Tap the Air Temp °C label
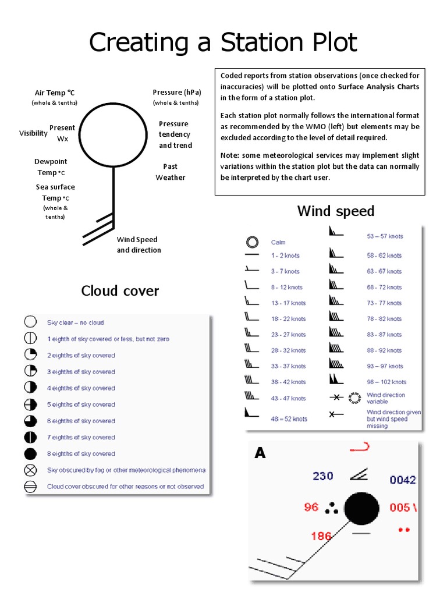pos(55,93)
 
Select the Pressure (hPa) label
pos(176,92)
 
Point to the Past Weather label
pos(171,172)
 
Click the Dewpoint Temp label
pos(51,166)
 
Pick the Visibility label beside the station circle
pos(33,133)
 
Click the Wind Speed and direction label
pos(139,244)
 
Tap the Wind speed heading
pos(336,211)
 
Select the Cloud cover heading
pos(120,290)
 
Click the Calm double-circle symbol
pos(252,242)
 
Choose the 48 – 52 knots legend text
pos(289,418)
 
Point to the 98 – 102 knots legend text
pos(386,382)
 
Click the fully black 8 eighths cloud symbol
pos(30,453)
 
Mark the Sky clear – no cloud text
pos(76,322)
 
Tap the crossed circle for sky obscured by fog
pos(30,470)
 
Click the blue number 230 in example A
pos(323,476)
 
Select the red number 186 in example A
pos(321,536)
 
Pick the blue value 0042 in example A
pos(403,480)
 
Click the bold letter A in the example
pos(260,453)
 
